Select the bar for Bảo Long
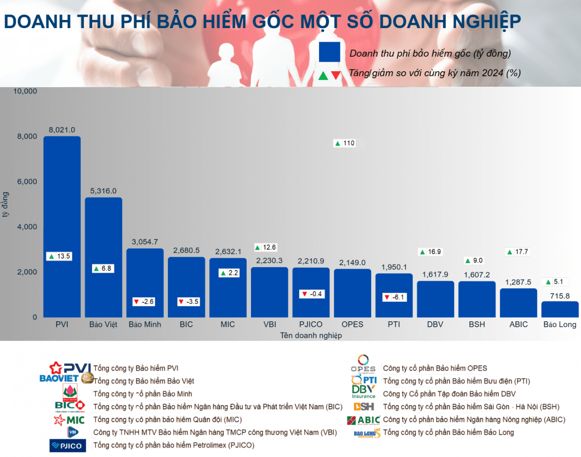pos(560,310)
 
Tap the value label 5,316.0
pos(103,191)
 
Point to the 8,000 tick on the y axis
pos(27,136)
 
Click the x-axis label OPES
pos(352,324)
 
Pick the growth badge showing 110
pos(345,143)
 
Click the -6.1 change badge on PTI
pos(394,297)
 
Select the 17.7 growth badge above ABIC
pos(517,252)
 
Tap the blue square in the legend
pos(330,52)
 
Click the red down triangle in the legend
pos(336,75)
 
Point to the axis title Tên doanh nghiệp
pos(311,335)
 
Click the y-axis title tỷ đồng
pos(5,204)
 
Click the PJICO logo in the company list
pos(67,446)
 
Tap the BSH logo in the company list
pos(364,407)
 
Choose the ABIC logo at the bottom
pos(364,420)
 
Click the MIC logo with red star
pos(69,420)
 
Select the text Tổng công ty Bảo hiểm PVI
pos(136,368)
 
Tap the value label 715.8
pos(560,296)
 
